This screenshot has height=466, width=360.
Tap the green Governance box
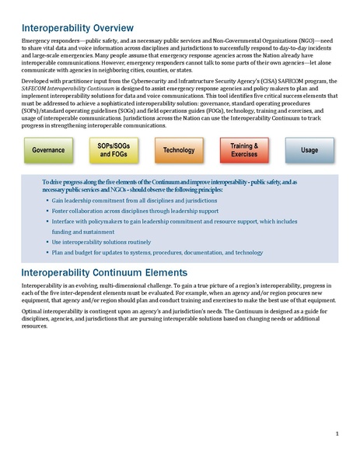[x=49, y=149]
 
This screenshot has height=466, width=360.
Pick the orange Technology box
[x=180, y=149]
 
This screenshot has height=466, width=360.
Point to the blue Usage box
[x=309, y=149]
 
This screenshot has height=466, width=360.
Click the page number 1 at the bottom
[x=337, y=433]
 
